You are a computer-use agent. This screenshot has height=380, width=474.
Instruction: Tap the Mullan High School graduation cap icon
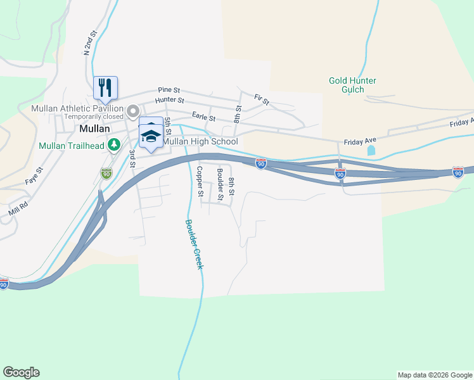pyautogui.click(x=150, y=134)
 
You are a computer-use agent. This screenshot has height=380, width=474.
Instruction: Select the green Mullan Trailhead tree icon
pyautogui.click(x=114, y=145)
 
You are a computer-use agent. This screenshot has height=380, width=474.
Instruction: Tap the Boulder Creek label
pyautogui.click(x=193, y=244)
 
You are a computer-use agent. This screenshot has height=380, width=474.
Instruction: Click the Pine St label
pyautogui.click(x=169, y=91)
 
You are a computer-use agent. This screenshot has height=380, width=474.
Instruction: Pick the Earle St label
pyautogui.click(x=203, y=118)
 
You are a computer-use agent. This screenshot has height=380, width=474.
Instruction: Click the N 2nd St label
pyautogui.click(x=89, y=43)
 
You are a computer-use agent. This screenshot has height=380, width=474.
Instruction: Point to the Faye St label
pyautogui.click(x=34, y=175)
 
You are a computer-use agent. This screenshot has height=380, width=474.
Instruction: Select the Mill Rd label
pyautogui.click(x=19, y=208)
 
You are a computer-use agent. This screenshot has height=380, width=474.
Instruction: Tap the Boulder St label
pyautogui.click(x=220, y=180)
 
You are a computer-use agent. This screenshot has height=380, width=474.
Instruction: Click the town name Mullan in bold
pyautogui.click(x=96, y=128)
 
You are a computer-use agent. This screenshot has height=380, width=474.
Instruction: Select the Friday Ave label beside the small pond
pyautogui.click(x=360, y=142)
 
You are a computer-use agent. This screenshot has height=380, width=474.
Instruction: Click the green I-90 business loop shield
pyautogui.click(x=106, y=172)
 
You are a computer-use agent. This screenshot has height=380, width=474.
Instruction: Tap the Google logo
pyautogui.click(x=21, y=372)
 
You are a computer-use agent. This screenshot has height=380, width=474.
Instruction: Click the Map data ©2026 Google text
pyautogui.click(x=434, y=375)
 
